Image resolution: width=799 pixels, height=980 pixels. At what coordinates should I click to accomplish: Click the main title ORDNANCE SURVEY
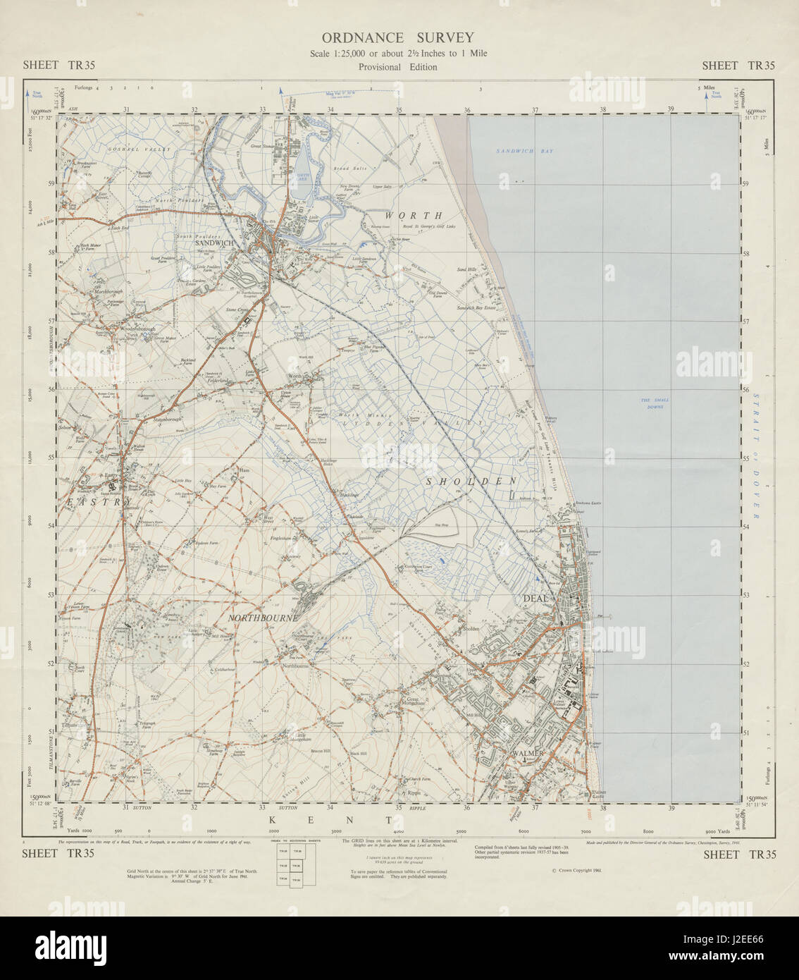(397, 38)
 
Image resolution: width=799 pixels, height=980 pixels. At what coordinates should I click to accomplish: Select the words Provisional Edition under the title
(397, 67)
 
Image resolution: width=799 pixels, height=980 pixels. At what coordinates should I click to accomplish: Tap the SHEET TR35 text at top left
(59, 66)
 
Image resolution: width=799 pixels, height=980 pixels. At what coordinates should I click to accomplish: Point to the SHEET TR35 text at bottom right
(739, 855)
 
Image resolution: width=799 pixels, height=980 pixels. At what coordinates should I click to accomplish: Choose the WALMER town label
(530, 754)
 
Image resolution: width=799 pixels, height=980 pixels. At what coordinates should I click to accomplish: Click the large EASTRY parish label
(99, 502)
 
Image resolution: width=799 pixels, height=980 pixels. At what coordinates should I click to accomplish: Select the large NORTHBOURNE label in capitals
(264, 618)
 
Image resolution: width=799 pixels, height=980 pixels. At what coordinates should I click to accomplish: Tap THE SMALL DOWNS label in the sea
(655, 403)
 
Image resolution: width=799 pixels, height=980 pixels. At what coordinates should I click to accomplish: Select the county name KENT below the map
(330, 820)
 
